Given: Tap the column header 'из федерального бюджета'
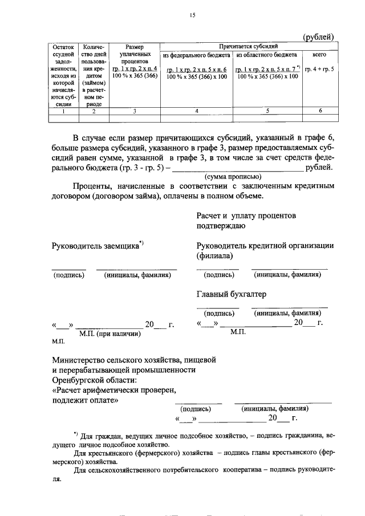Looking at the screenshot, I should [x=196, y=56].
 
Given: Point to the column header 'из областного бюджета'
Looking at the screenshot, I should [x=266, y=56].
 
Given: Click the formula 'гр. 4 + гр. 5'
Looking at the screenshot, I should [x=319, y=69].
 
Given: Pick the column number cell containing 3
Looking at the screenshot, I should [x=135, y=111].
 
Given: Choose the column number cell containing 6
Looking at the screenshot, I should [x=320, y=111].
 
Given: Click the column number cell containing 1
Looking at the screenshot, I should [x=63, y=111].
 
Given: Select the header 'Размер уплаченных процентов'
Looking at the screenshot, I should [x=135, y=52].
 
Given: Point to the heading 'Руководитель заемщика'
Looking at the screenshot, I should [x=96, y=246].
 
